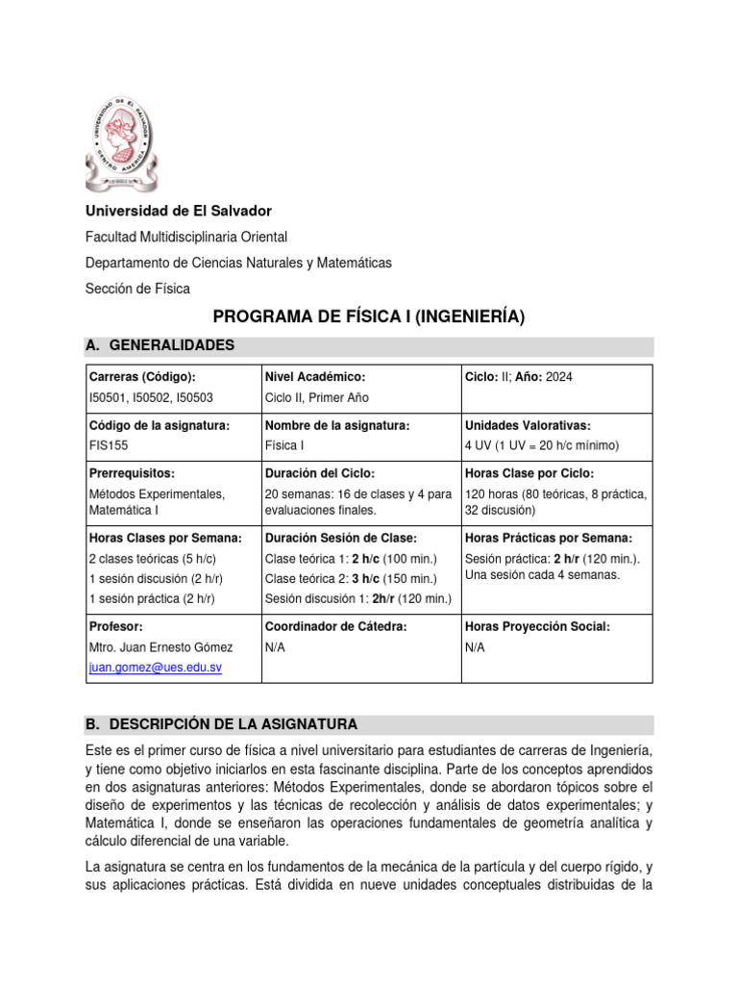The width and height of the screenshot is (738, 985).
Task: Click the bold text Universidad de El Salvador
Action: (x=179, y=211)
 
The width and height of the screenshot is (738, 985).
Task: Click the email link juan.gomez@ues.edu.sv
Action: (x=155, y=667)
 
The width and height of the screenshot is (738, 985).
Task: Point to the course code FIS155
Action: (x=108, y=445)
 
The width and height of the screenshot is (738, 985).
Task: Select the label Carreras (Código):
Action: (x=141, y=377)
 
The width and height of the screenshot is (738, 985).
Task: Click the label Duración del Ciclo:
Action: (x=319, y=473)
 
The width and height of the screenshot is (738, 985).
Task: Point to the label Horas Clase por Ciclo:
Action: (x=529, y=473)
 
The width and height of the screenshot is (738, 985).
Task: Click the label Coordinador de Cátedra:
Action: (x=333, y=626)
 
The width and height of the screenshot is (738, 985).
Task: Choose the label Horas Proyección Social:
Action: (x=537, y=626)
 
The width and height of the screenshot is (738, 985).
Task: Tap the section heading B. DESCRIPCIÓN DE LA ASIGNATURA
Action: (x=221, y=723)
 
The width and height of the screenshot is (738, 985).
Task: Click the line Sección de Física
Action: (x=137, y=289)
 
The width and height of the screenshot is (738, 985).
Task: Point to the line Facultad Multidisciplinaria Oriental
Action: (x=186, y=237)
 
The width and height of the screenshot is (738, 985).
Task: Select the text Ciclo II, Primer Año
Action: (x=316, y=397)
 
